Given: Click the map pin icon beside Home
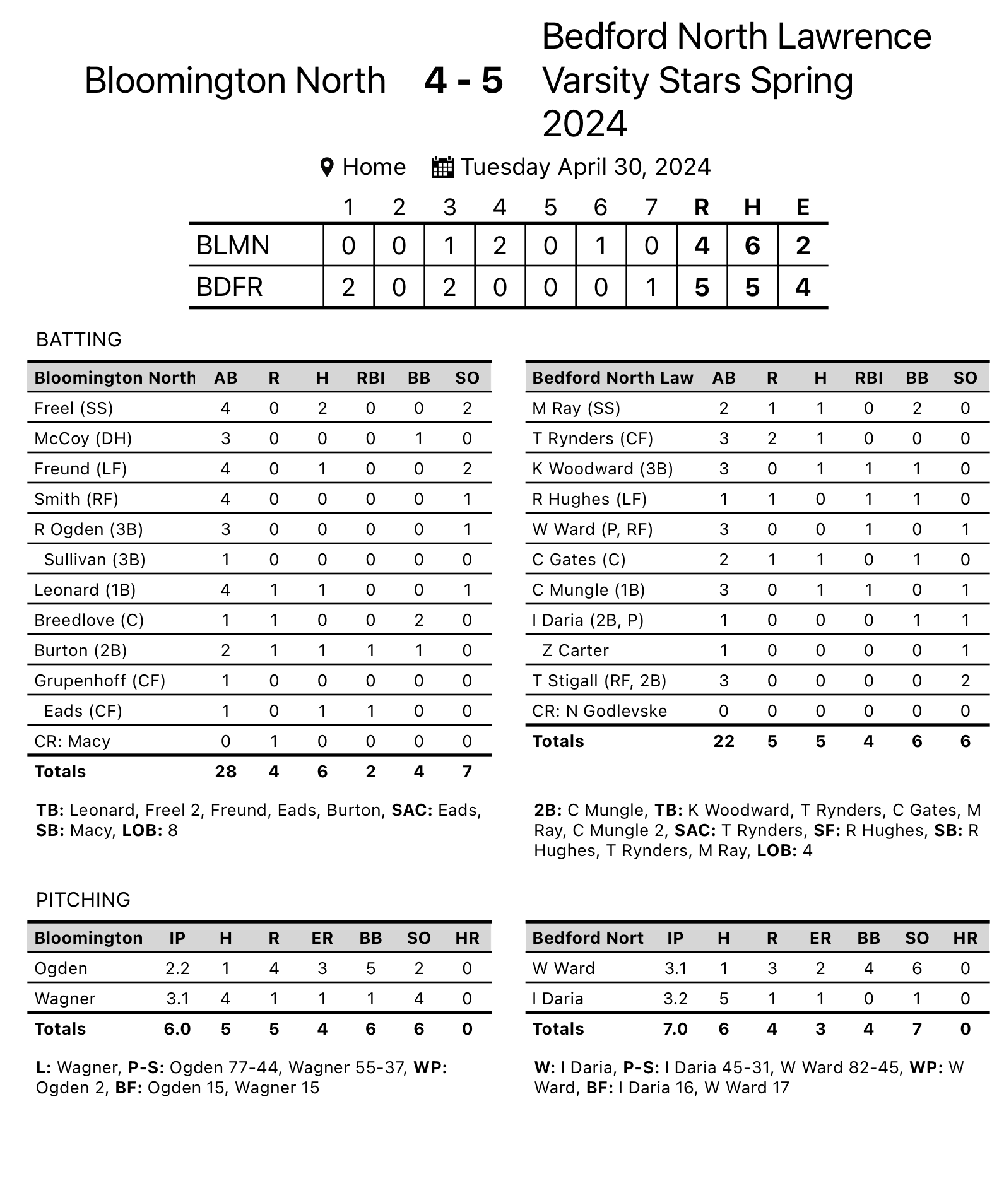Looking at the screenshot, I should (x=326, y=168).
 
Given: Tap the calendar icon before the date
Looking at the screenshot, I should (x=442, y=167).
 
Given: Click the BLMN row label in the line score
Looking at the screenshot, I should (x=233, y=245).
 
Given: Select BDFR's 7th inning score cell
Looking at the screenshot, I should (x=651, y=287).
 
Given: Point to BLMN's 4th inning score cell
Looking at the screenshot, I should (x=500, y=245).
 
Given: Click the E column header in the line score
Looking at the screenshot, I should (x=803, y=207).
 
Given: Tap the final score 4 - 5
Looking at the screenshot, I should (x=463, y=80).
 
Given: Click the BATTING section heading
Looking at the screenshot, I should (x=79, y=339).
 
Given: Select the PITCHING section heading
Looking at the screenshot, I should (x=83, y=900).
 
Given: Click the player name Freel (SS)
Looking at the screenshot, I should (x=74, y=408).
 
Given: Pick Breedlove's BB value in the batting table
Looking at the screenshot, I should (x=418, y=620).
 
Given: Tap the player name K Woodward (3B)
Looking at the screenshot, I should (x=602, y=469).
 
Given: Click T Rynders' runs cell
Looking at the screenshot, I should (x=772, y=438).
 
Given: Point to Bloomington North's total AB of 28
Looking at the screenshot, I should (x=225, y=772).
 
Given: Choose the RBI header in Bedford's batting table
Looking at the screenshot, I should (x=868, y=378).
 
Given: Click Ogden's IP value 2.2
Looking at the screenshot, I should (x=177, y=968).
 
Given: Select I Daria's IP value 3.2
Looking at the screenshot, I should (x=675, y=999).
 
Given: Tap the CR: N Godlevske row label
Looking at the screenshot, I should (x=599, y=711).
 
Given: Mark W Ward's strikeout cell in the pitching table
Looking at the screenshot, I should (x=916, y=968).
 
